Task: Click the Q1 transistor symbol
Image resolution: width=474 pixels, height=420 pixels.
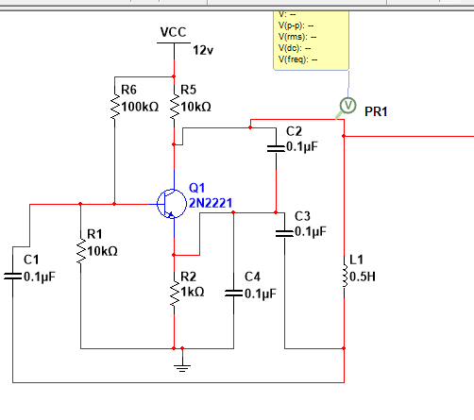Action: (x=172, y=204)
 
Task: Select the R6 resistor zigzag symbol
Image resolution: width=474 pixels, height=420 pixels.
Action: (x=115, y=107)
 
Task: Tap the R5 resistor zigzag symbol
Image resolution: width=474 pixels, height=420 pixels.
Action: (x=174, y=107)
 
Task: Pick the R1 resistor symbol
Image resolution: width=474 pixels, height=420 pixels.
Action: (x=81, y=251)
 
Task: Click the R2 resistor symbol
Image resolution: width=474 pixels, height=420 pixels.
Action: (x=174, y=294)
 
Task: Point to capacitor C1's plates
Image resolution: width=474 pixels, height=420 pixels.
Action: (x=13, y=277)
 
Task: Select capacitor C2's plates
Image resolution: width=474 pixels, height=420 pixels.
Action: (x=276, y=148)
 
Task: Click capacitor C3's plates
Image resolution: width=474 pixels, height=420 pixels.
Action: (x=284, y=233)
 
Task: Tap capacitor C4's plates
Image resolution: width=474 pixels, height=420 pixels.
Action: (x=233, y=294)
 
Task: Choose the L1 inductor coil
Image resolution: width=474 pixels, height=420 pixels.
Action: (x=345, y=276)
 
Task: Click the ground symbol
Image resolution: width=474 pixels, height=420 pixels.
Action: (x=182, y=367)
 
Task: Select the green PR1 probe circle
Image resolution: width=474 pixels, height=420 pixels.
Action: (x=347, y=106)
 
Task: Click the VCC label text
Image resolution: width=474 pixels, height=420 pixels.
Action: (x=173, y=32)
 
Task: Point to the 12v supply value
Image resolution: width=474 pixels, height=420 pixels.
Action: (x=203, y=50)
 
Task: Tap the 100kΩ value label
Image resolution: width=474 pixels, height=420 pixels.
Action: (x=140, y=107)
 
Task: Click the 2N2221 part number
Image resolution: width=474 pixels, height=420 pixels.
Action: (x=211, y=203)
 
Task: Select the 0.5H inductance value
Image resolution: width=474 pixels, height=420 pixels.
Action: (x=363, y=277)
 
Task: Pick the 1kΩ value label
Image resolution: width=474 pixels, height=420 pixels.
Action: (x=193, y=293)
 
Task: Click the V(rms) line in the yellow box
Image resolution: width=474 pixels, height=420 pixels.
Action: (x=297, y=37)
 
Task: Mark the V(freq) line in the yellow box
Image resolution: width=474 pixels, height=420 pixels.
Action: (x=297, y=59)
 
